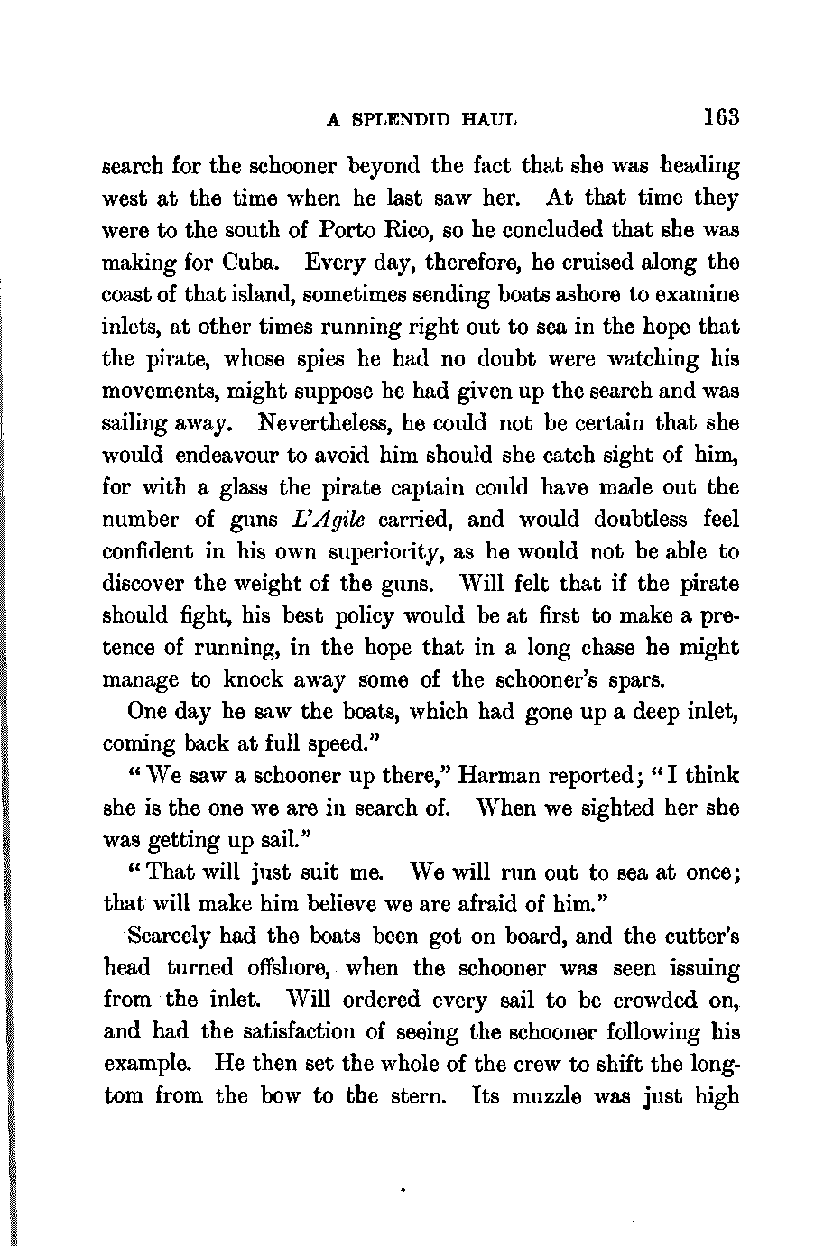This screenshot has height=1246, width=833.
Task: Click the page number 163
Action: tap(722, 117)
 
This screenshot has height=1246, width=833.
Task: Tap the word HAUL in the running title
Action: tap(489, 119)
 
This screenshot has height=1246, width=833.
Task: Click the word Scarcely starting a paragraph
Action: tap(165, 937)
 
